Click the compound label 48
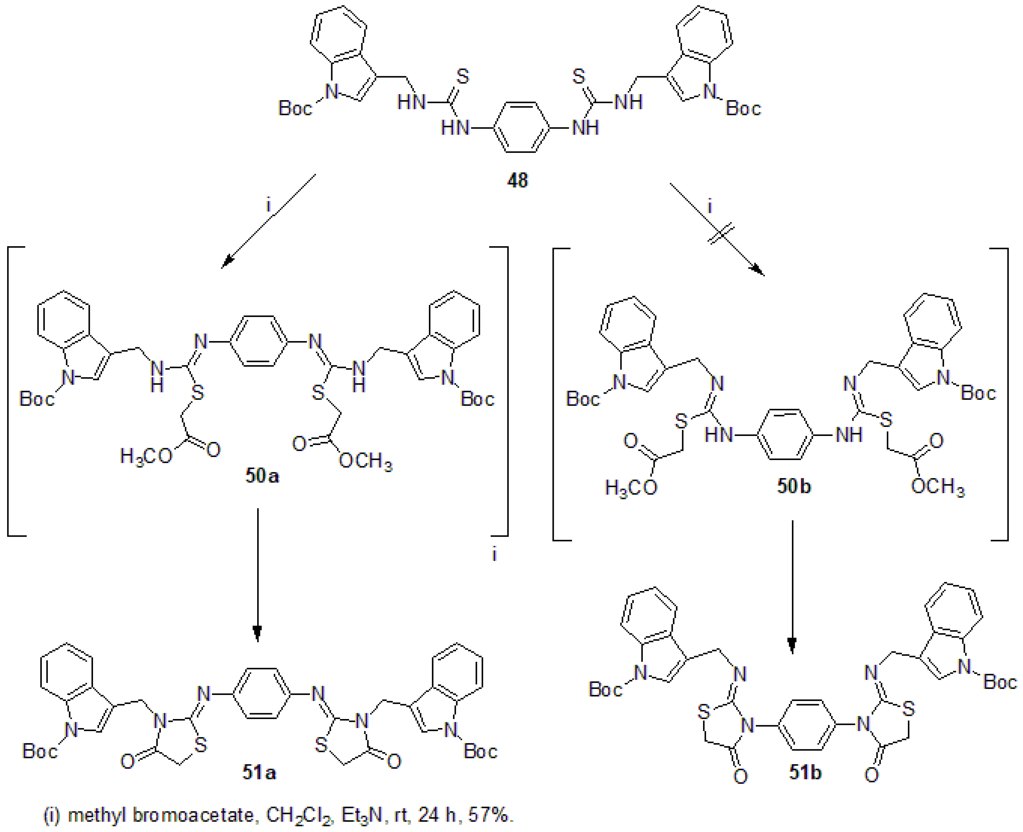coord(517,180)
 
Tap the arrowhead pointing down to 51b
coord(792,646)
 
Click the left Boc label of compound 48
coord(295,108)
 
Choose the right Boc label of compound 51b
coord(1000,682)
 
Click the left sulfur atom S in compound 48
coord(463,77)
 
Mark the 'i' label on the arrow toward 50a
coord(268,205)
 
